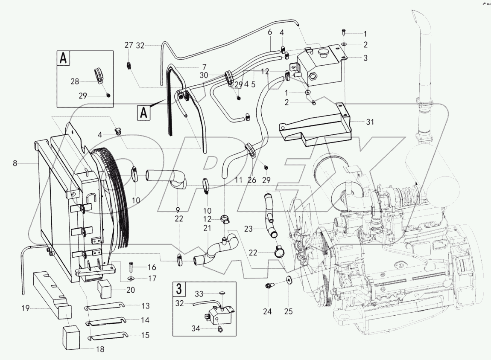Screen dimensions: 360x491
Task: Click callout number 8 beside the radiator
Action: (15, 163)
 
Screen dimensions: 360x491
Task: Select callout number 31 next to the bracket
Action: (370, 122)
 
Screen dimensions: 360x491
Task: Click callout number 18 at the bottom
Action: (100, 349)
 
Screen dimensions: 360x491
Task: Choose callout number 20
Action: (131, 290)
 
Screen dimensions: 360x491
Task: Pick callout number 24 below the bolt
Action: (267, 312)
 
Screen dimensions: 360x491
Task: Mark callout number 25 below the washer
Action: (288, 312)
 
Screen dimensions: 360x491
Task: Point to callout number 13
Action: (146, 306)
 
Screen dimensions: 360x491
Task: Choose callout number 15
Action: (146, 335)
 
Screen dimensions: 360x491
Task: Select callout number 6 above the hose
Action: (269, 33)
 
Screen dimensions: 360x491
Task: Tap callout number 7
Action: (204, 67)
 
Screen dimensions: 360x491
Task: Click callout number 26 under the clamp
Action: (252, 180)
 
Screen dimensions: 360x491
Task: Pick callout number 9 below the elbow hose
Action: (178, 209)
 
